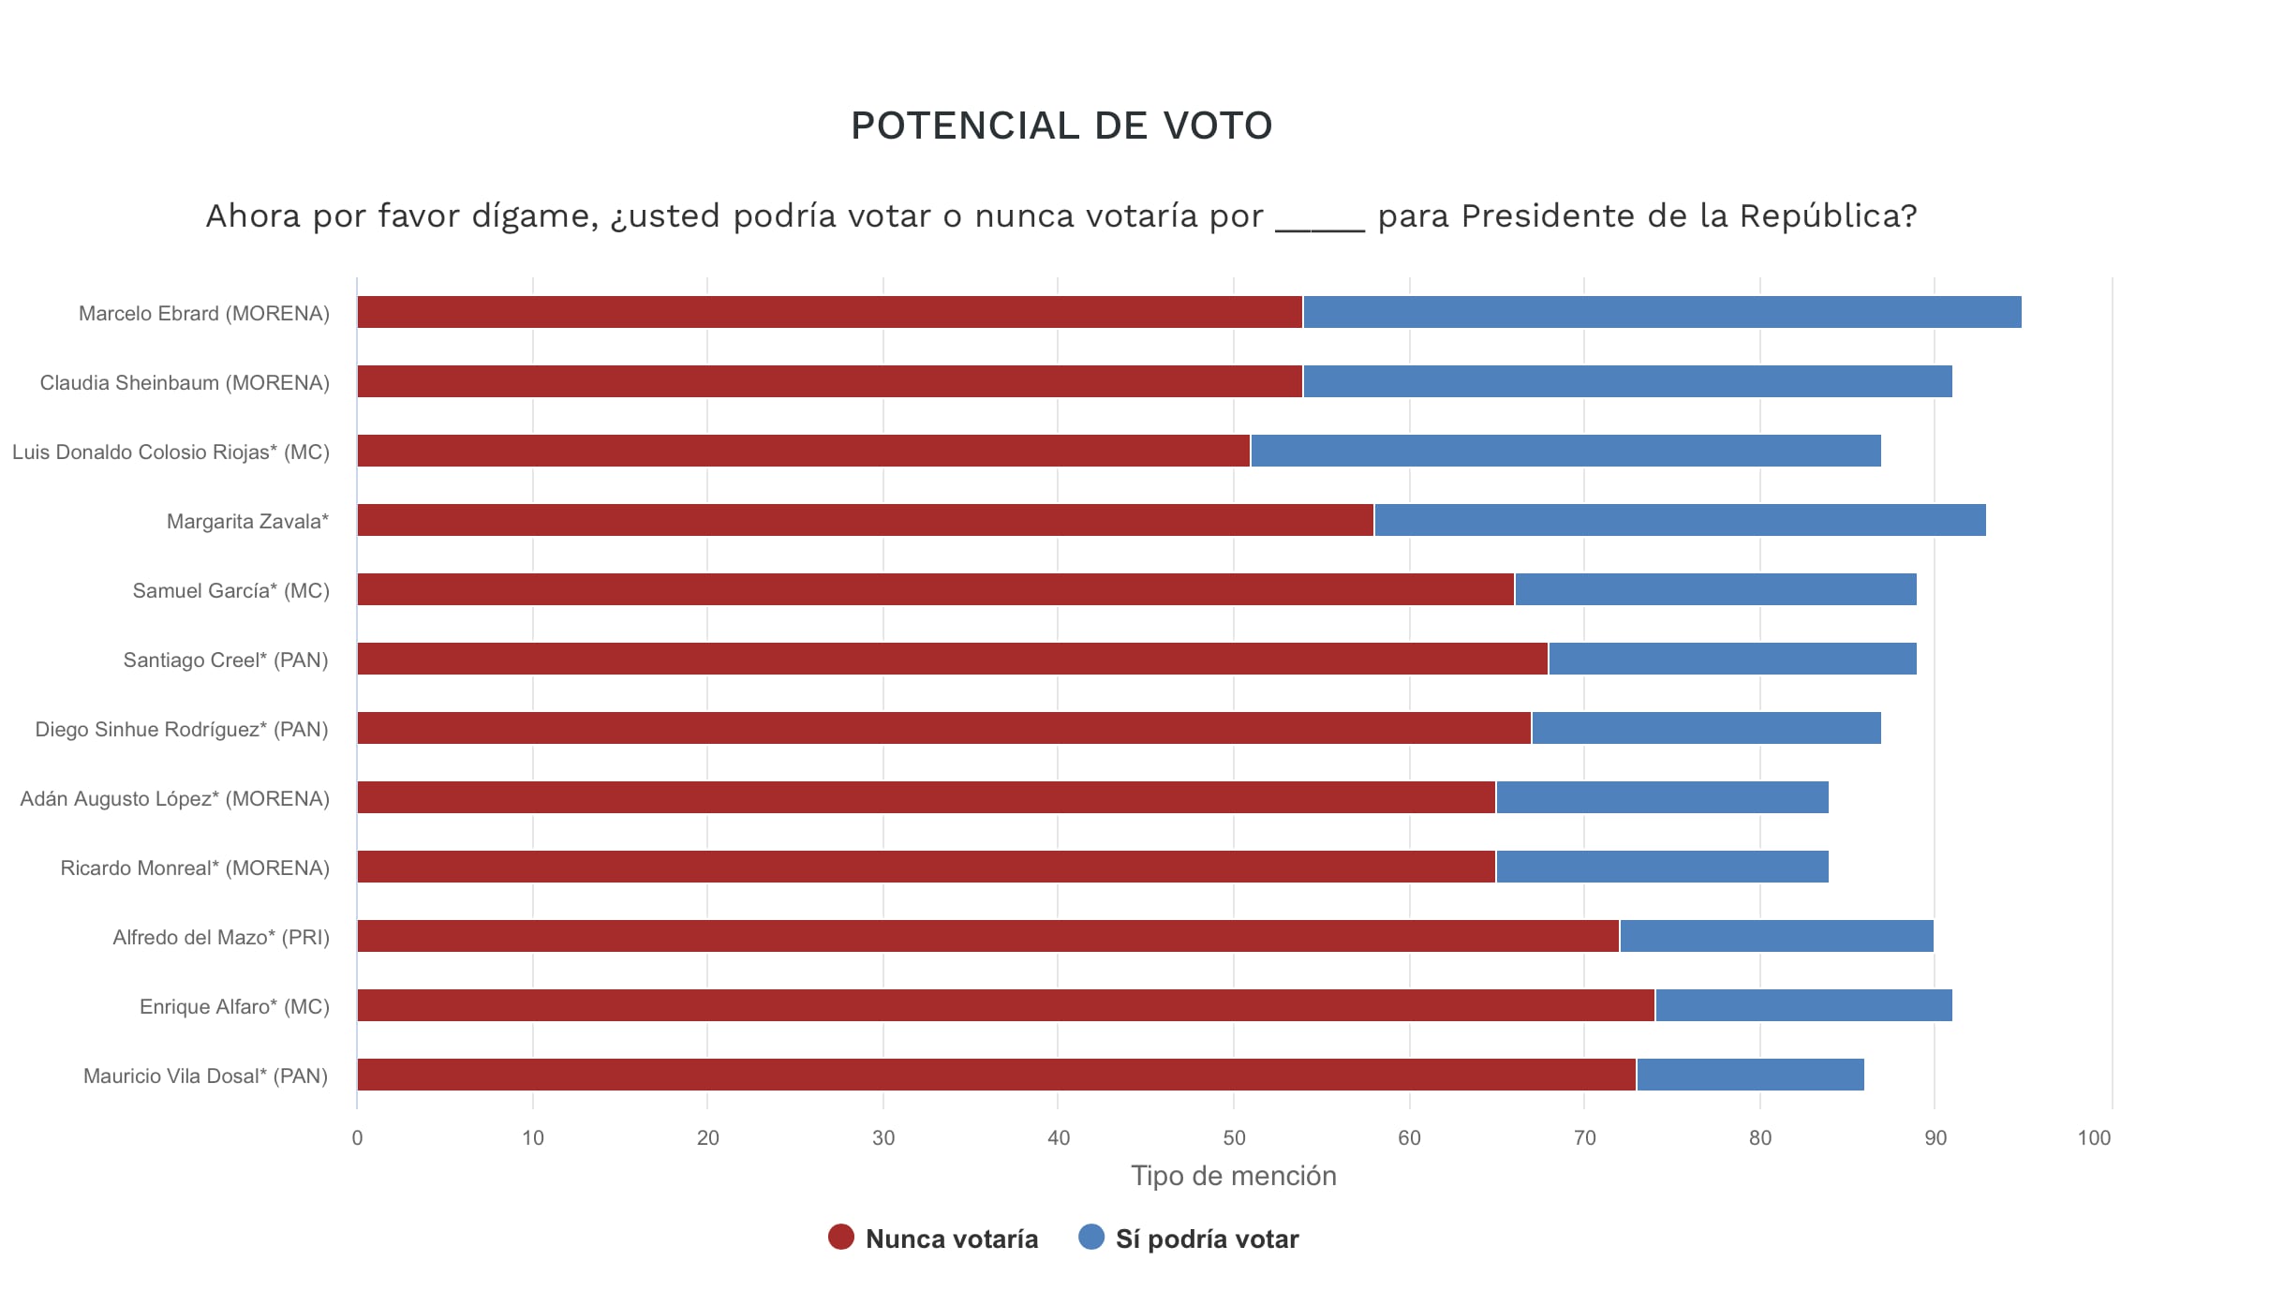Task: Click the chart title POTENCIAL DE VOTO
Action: point(1060,126)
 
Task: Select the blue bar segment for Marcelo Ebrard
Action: point(1661,312)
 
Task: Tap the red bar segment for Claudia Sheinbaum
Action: point(829,381)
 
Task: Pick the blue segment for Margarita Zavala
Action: point(1679,520)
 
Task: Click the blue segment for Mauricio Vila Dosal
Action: point(1749,1075)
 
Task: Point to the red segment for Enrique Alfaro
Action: point(1005,1005)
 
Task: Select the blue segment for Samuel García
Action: point(1714,589)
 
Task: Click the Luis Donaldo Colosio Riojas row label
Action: point(171,452)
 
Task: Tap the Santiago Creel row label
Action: point(226,660)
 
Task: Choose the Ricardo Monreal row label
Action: point(195,868)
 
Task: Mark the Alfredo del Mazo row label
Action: point(221,937)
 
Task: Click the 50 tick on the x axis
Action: point(1234,1137)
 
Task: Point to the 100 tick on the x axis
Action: point(2094,1137)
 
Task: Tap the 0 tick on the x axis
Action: point(357,1137)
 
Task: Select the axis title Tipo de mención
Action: point(1233,1176)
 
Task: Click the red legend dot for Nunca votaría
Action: point(841,1237)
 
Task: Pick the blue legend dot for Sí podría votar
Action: point(1091,1237)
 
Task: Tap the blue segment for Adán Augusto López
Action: point(1662,797)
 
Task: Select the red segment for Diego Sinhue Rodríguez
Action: point(943,728)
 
